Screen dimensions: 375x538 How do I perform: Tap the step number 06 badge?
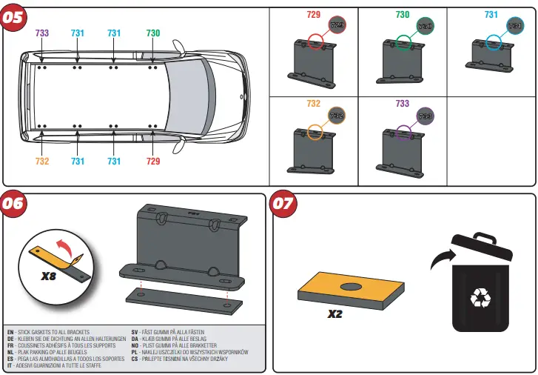[13, 205]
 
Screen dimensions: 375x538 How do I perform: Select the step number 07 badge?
[284, 205]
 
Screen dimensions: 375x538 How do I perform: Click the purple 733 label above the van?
[42, 33]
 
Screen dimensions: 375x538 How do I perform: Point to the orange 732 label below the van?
[42, 161]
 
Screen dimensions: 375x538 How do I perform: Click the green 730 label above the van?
[152, 33]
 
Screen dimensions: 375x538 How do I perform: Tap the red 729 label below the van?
[152, 161]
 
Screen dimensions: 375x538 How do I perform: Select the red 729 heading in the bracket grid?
[314, 14]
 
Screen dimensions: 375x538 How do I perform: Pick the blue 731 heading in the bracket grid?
[491, 14]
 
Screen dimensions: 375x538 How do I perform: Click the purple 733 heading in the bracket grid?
[403, 104]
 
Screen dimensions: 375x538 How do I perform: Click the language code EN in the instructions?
[10, 332]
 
